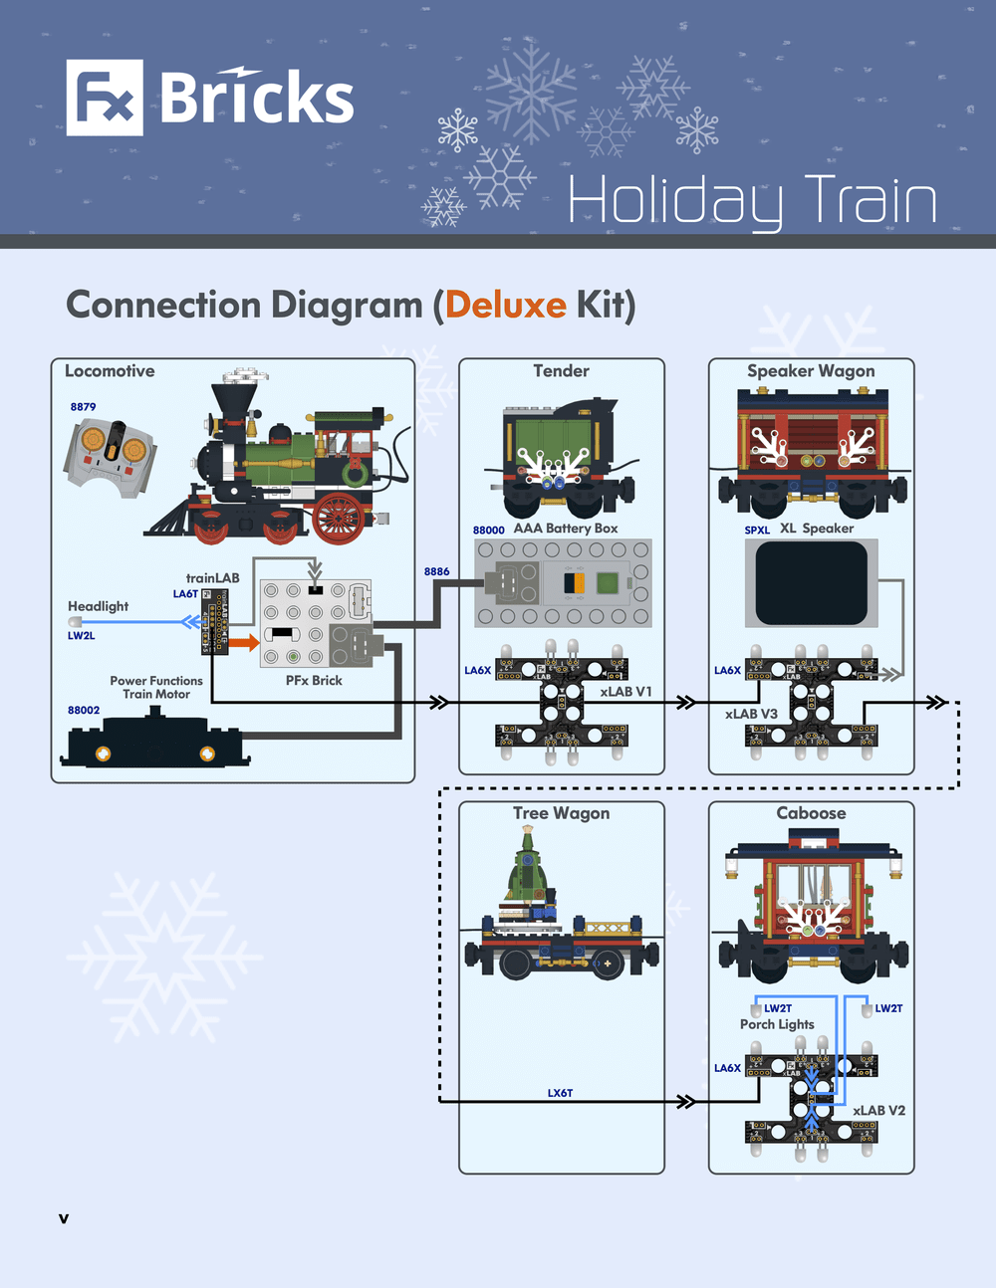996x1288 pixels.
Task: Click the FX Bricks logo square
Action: pos(105,98)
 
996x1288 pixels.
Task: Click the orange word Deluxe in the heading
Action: pos(505,305)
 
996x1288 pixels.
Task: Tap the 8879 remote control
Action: pos(111,454)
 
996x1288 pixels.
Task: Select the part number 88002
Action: pos(84,711)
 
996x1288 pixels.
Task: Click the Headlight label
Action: pos(98,606)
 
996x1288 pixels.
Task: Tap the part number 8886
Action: pos(436,571)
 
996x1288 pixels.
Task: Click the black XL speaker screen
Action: pos(811,582)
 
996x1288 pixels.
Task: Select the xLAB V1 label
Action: pos(625,692)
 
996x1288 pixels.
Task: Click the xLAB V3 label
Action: pos(751,714)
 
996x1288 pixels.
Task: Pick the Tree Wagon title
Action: pos(561,813)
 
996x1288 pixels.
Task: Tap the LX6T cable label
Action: pos(560,1093)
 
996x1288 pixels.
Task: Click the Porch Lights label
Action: pos(777,1024)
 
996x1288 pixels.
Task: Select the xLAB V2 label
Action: pos(878,1111)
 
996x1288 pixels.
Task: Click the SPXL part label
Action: pos(757,530)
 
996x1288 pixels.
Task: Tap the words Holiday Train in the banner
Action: pos(752,201)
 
